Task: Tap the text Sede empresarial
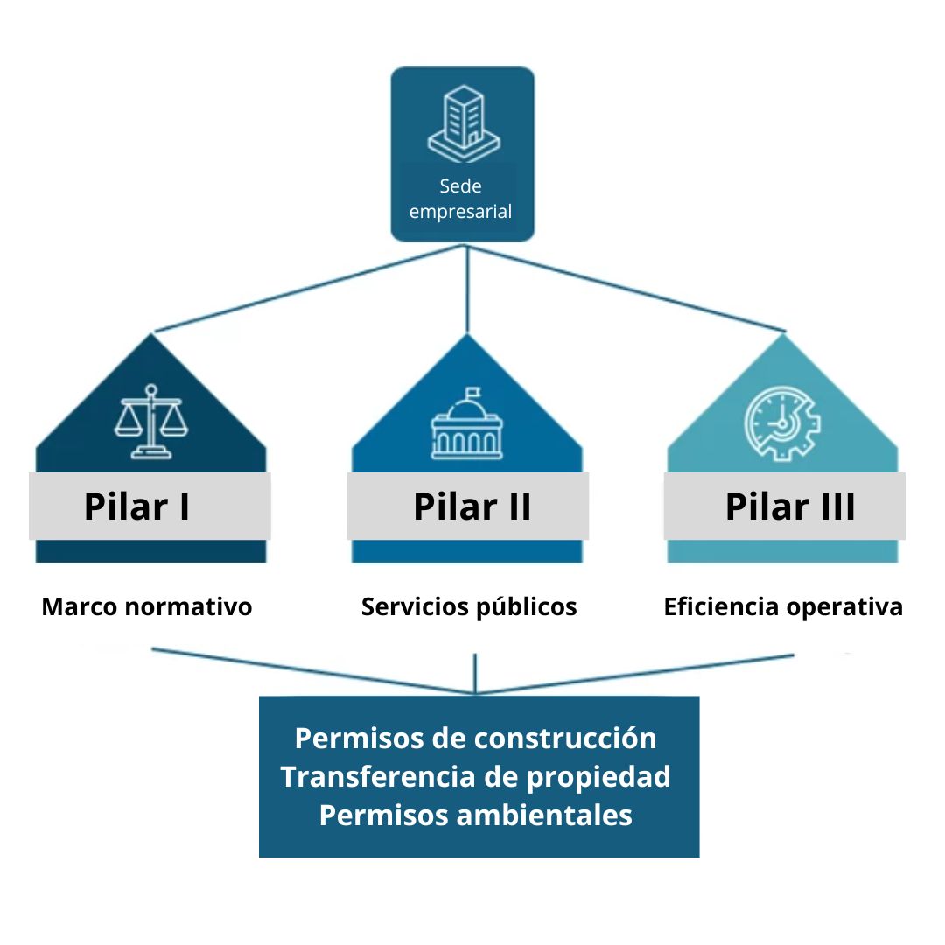tap(461, 199)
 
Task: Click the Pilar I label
tap(136, 507)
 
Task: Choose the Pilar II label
tap(472, 507)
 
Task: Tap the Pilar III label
tap(789, 507)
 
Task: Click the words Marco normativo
tap(147, 606)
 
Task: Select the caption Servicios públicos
tap(469, 606)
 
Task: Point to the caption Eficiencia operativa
tap(783, 606)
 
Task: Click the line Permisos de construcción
tap(475, 738)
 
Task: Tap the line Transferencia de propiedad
tap(475, 776)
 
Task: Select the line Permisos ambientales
tap(475, 815)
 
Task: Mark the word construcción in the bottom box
tap(565, 738)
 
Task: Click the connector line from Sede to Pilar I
tap(306, 289)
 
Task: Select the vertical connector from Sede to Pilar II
tap(468, 289)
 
